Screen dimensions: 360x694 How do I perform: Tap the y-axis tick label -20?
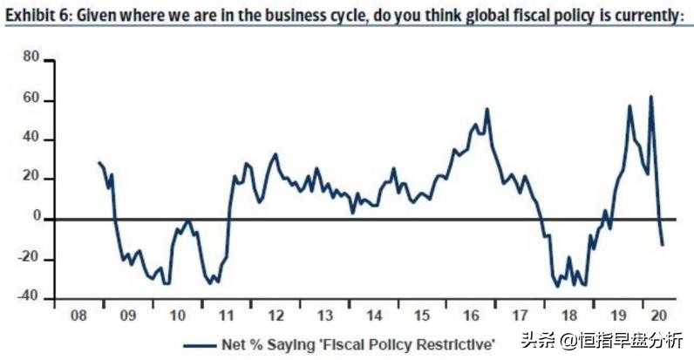tap(28, 259)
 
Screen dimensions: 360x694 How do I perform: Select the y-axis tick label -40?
tap(28, 297)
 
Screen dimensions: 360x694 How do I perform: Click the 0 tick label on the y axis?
tap(36, 219)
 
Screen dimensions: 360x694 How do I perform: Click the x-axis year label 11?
tap(226, 316)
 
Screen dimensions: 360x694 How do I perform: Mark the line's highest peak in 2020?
tap(650, 96)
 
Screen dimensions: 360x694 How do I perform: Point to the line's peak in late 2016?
tap(486, 109)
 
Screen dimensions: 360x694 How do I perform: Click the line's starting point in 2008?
tap(99, 162)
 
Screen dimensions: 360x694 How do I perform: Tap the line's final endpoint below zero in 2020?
tap(663, 245)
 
